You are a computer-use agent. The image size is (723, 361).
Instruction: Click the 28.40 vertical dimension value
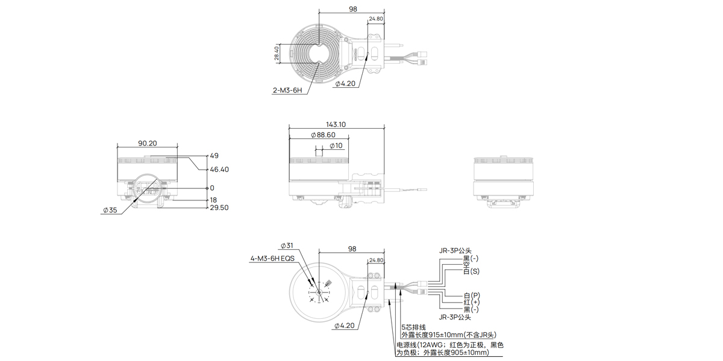[277, 53]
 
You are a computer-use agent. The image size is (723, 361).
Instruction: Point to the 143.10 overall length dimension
[336, 125]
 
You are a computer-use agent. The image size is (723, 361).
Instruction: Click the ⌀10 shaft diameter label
[336, 146]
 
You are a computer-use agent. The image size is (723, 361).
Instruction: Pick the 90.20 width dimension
[148, 143]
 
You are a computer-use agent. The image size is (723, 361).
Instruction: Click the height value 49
[214, 156]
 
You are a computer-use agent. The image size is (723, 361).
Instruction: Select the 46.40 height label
[219, 170]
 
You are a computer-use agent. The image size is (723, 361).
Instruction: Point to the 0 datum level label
[212, 188]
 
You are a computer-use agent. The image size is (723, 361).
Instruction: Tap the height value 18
[213, 200]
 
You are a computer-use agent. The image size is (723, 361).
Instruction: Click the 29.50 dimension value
[219, 208]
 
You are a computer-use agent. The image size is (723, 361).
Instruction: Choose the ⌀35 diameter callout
[110, 210]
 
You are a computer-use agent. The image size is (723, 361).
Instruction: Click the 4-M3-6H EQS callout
[273, 259]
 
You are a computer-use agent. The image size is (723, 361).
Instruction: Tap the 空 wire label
[466, 265]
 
